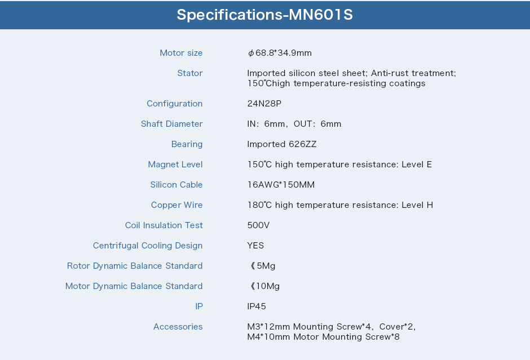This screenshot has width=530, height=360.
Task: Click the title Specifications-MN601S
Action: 264,15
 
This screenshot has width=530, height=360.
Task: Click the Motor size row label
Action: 181,53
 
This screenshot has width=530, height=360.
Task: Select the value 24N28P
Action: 264,104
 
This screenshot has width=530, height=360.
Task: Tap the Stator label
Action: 190,73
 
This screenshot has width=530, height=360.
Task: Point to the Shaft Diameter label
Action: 172,124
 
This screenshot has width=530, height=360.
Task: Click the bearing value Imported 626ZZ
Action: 282,144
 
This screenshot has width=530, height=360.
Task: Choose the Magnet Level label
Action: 175,165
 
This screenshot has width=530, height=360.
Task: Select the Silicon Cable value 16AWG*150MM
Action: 281,185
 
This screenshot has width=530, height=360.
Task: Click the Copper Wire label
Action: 177,205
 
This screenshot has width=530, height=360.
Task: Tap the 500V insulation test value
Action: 259,225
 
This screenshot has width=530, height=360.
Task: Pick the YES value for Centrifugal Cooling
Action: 255,246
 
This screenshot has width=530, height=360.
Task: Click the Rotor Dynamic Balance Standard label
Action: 135,266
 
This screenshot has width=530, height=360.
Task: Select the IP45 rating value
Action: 257,306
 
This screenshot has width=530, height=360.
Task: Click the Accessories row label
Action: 178,327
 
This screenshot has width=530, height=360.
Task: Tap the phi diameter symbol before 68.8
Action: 251,53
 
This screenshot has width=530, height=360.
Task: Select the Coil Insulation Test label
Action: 164,225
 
